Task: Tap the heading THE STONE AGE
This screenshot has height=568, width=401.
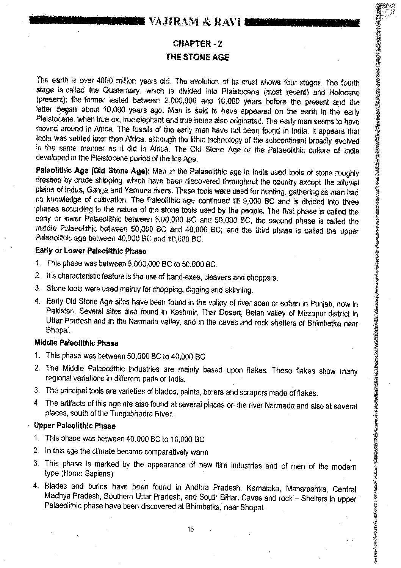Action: point(197,57)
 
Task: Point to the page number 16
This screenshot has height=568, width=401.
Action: point(190,529)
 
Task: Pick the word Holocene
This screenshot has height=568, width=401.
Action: point(344,92)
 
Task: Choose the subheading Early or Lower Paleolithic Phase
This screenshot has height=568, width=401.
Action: point(90,251)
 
